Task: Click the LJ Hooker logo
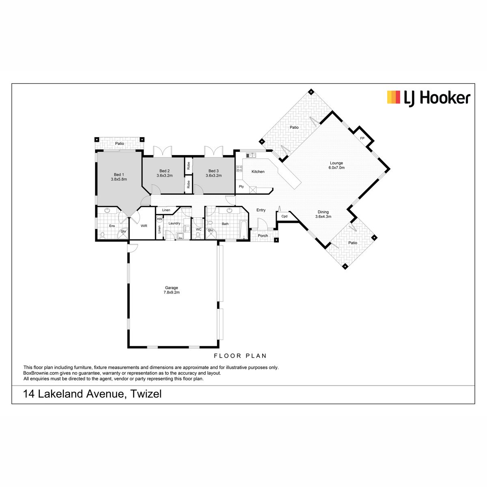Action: (x=429, y=98)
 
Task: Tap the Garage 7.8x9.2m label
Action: (x=171, y=290)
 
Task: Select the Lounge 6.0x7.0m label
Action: (x=336, y=165)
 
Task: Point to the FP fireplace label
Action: (x=362, y=138)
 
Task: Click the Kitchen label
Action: (x=258, y=172)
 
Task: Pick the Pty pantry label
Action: (x=241, y=187)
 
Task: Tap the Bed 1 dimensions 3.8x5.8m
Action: (x=119, y=179)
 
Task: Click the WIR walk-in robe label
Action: (x=144, y=226)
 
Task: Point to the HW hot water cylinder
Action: (x=159, y=219)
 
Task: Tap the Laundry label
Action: (x=174, y=223)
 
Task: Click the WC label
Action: (x=198, y=229)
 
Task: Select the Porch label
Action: (x=263, y=235)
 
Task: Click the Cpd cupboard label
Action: (x=284, y=216)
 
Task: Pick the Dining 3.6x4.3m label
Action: (x=323, y=214)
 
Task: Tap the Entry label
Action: (x=261, y=210)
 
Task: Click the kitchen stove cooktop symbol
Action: (x=239, y=168)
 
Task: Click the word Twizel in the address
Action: (x=146, y=394)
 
